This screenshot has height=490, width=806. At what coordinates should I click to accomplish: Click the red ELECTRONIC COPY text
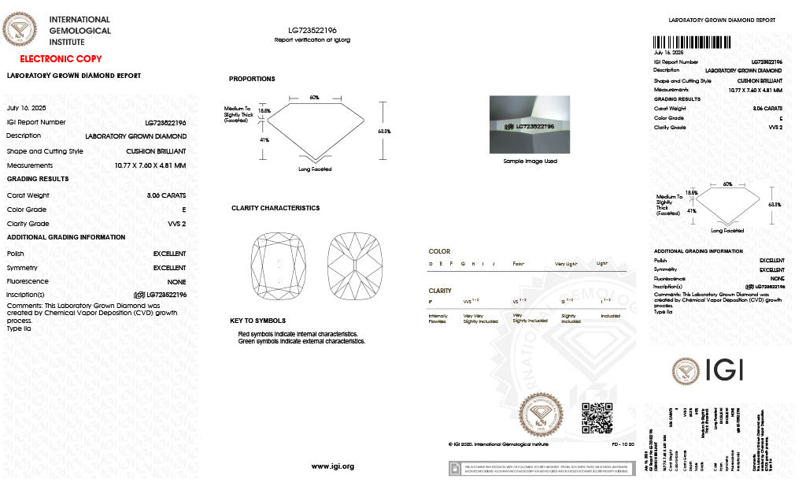[x=61, y=59]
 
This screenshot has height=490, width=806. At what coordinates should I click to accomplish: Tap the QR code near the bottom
[x=596, y=418]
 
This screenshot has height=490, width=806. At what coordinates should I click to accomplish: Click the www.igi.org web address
[x=333, y=466]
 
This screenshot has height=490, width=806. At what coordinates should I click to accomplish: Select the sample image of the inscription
[x=529, y=124]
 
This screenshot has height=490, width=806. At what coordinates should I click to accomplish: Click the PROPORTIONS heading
[x=252, y=79]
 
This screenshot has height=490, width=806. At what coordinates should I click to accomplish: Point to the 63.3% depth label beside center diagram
[x=384, y=131]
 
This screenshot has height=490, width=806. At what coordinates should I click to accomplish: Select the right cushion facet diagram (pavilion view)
[x=354, y=269]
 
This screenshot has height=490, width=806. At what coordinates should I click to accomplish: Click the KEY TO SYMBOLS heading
[x=258, y=321]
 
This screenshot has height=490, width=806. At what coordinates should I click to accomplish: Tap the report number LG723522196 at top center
[x=312, y=30]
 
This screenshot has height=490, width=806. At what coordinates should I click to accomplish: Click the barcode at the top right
[x=717, y=42]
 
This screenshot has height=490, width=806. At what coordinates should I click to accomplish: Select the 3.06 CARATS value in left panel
[x=166, y=195]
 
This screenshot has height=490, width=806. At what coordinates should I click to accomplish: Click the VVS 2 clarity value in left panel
[x=177, y=224]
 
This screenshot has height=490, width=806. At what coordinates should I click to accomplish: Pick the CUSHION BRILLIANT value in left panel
[x=156, y=150]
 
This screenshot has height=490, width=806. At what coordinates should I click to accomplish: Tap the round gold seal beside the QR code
[x=542, y=414]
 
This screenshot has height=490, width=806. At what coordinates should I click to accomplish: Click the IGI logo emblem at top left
[x=20, y=31]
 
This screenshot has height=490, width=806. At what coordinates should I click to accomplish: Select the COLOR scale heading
[x=439, y=251]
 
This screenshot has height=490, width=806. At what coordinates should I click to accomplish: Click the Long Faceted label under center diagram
[x=315, y=169]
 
